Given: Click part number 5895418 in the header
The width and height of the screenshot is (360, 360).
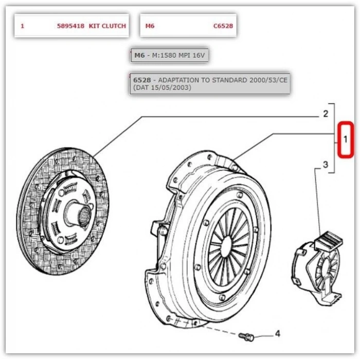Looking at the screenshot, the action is tap(71, 26).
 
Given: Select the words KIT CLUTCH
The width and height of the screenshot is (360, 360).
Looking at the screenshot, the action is tap(107, 26).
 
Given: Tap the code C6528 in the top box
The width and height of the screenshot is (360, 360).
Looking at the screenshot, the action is tap(223, 26).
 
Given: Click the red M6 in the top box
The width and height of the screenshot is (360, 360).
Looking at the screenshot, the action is tap(150, 26).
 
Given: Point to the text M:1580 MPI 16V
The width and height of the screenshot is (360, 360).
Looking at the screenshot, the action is tap(178, 55).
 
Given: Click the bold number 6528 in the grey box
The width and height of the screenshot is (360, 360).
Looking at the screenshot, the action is tap(142, 80).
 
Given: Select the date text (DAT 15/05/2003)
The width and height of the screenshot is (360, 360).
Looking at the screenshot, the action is tap(162, 87).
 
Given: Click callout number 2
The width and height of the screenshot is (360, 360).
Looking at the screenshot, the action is tap(326, 114).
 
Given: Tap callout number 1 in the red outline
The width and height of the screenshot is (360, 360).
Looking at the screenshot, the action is tap(345, 139).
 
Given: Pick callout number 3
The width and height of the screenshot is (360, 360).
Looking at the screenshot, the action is tap(326, 165).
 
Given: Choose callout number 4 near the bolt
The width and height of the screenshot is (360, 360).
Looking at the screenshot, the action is tap(278, 334).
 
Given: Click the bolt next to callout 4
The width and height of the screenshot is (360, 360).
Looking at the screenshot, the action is tap(246, 337).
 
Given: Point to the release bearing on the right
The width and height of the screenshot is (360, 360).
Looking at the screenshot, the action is tap(318, 268).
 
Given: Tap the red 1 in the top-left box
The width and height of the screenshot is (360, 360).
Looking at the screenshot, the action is tap(22, 26).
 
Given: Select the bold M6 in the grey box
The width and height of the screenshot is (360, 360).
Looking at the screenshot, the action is tap(139, 55).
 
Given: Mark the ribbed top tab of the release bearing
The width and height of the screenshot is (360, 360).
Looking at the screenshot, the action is tap(329, 240).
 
